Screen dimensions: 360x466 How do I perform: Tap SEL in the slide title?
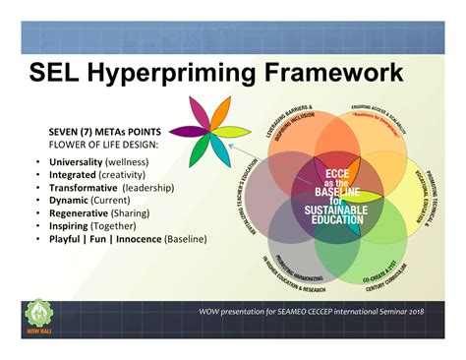60,73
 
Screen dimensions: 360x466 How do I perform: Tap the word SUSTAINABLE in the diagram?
336,210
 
